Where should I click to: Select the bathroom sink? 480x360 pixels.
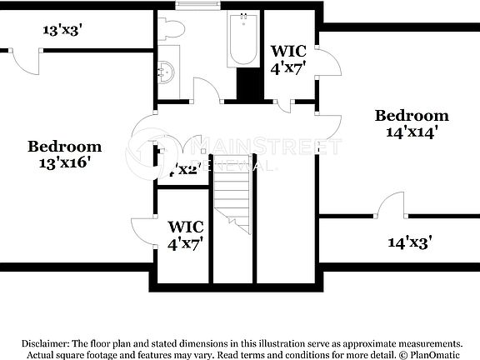[x=167, y=67]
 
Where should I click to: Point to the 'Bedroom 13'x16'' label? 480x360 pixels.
[x=64, y=154]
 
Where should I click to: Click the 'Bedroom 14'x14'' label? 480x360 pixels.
[x=411, y=123]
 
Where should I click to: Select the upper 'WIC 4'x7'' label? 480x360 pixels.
[x=288, y=58]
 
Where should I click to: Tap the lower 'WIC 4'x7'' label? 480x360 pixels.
[x=185, y=234]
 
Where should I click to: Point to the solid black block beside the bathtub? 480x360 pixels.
[x=248, y=84]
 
